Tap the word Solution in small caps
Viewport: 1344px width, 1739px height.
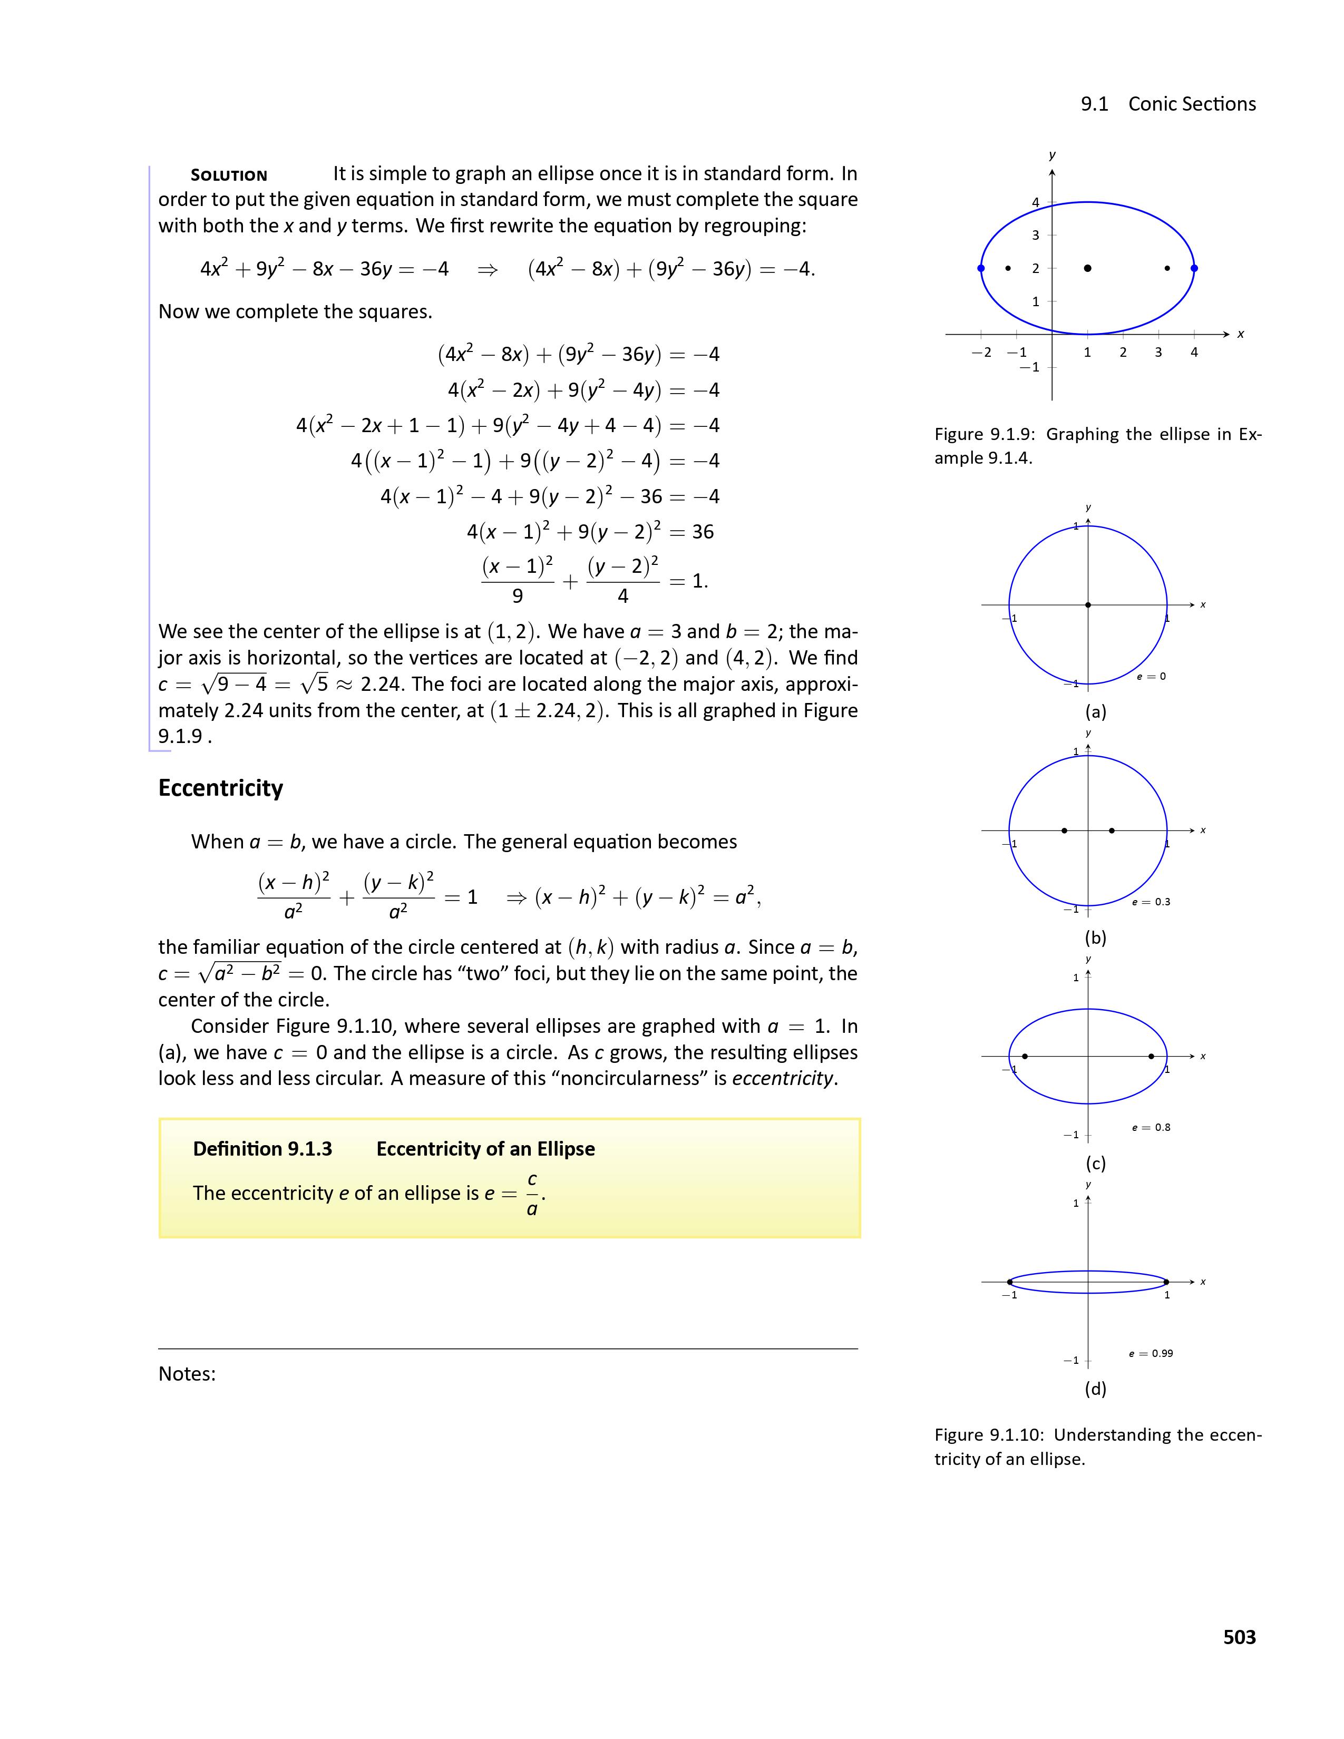point(229,175)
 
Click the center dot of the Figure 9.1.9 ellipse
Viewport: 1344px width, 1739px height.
point(1088,268)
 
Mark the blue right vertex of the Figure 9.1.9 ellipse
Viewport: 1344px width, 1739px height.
point(1193,268)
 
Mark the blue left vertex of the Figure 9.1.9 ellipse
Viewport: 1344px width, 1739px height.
point(981,268)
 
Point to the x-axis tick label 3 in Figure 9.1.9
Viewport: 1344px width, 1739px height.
point(1158,352)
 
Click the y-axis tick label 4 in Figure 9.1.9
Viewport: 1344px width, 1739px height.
point(1036,202)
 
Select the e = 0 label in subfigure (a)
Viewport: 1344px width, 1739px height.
point(1151,676)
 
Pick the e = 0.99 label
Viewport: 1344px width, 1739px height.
point(1151,1353)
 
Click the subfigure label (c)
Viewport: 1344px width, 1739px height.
point(1096,1164)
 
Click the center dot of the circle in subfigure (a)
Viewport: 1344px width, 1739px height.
point(1088,605)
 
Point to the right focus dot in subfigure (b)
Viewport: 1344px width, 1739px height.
point(1112,831)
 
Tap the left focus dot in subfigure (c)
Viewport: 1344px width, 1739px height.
point(1025,1056)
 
